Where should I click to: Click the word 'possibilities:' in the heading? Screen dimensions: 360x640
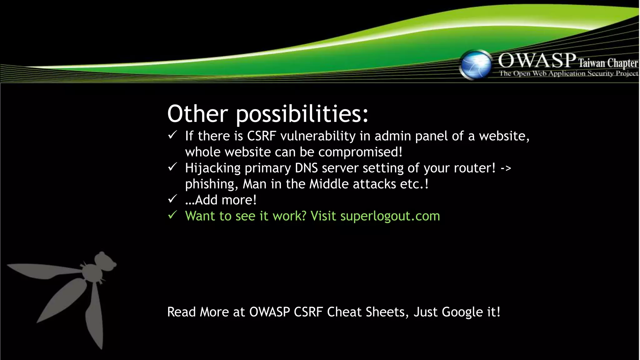coord(302,114)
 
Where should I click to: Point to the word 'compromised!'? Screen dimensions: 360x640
coord(360,152)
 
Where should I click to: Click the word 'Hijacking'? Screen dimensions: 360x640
coord(213,168)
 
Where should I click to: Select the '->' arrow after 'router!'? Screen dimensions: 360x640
coord(506,168)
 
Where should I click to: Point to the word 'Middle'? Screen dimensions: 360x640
coord(329,184)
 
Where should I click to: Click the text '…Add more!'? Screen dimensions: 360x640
coord(221,200)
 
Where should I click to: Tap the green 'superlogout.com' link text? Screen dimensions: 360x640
coord(390,216)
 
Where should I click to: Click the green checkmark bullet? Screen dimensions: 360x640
coord(172,215)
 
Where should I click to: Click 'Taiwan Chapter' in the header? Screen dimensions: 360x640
coord(608,63)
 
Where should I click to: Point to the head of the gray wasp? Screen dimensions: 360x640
coord(105,261)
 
